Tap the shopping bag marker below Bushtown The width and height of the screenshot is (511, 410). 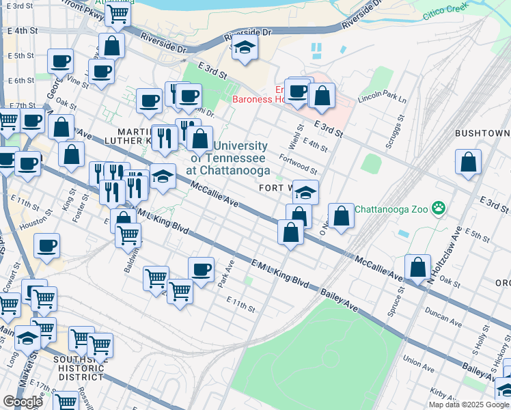[469, 163]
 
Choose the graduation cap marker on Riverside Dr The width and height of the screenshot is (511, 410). [245, 48]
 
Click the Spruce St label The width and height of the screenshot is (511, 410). [392, 305]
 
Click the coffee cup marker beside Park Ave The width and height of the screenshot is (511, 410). [201, 270]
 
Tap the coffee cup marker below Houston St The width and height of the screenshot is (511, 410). [46, 246]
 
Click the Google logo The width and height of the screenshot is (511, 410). [23, 402]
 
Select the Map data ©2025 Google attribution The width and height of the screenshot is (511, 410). [469, 405]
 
